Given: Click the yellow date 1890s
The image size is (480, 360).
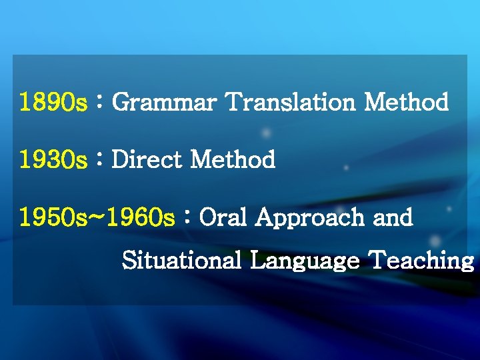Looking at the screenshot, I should click(x=53, y=103).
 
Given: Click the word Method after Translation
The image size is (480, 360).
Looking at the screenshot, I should click(x=406, y=103).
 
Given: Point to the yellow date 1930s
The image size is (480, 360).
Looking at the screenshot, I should click(x=53, y=161).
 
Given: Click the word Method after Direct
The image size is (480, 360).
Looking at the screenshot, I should click(x=233, y=161).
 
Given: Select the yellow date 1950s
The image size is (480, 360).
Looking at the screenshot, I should click(x=53, y=218).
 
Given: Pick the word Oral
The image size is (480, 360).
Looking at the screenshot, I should click(x=225, y=218).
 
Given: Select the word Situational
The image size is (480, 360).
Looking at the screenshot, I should click(x=181, y=261).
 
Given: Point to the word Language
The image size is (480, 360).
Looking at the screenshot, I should click(x=304, y=261).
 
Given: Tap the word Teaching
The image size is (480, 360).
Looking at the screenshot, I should click(x=421, y=261).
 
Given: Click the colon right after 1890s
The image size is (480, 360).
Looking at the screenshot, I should click(x=99, y=103).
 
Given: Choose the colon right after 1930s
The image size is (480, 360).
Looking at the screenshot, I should click(x=99, y=161).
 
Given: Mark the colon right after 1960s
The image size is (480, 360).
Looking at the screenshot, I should click(x=187, y=218).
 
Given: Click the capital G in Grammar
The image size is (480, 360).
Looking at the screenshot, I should click(x=121, y=103).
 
